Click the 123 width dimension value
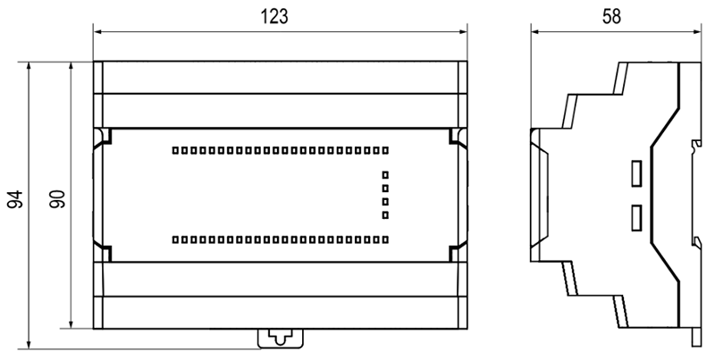click(x=274, y=16)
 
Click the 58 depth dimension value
click(x=611, y=16)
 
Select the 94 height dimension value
click(x=15, y=199)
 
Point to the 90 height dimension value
click(x=58, y=199)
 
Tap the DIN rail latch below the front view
click(x=281, y=339)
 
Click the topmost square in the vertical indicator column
click(x=385, y=174)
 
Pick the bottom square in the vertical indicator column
click(x=385, y=215)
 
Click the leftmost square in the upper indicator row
click(x=175, y=150)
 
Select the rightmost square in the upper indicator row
click(x=385, y=150)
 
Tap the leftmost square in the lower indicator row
click(x=175, y=239)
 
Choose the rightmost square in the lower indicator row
click(x=385, y=239)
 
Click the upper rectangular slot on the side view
click(x=636, y=173)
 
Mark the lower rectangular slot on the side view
click(x=636, y=217)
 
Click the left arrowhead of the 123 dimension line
click(x=97, y=31)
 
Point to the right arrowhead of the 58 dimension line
click(x=696, y=31)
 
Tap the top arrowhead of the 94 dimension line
click(x=29, y=66)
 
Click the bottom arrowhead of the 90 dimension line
click(x=71, y=323)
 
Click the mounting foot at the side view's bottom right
click(x=696, y=337)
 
